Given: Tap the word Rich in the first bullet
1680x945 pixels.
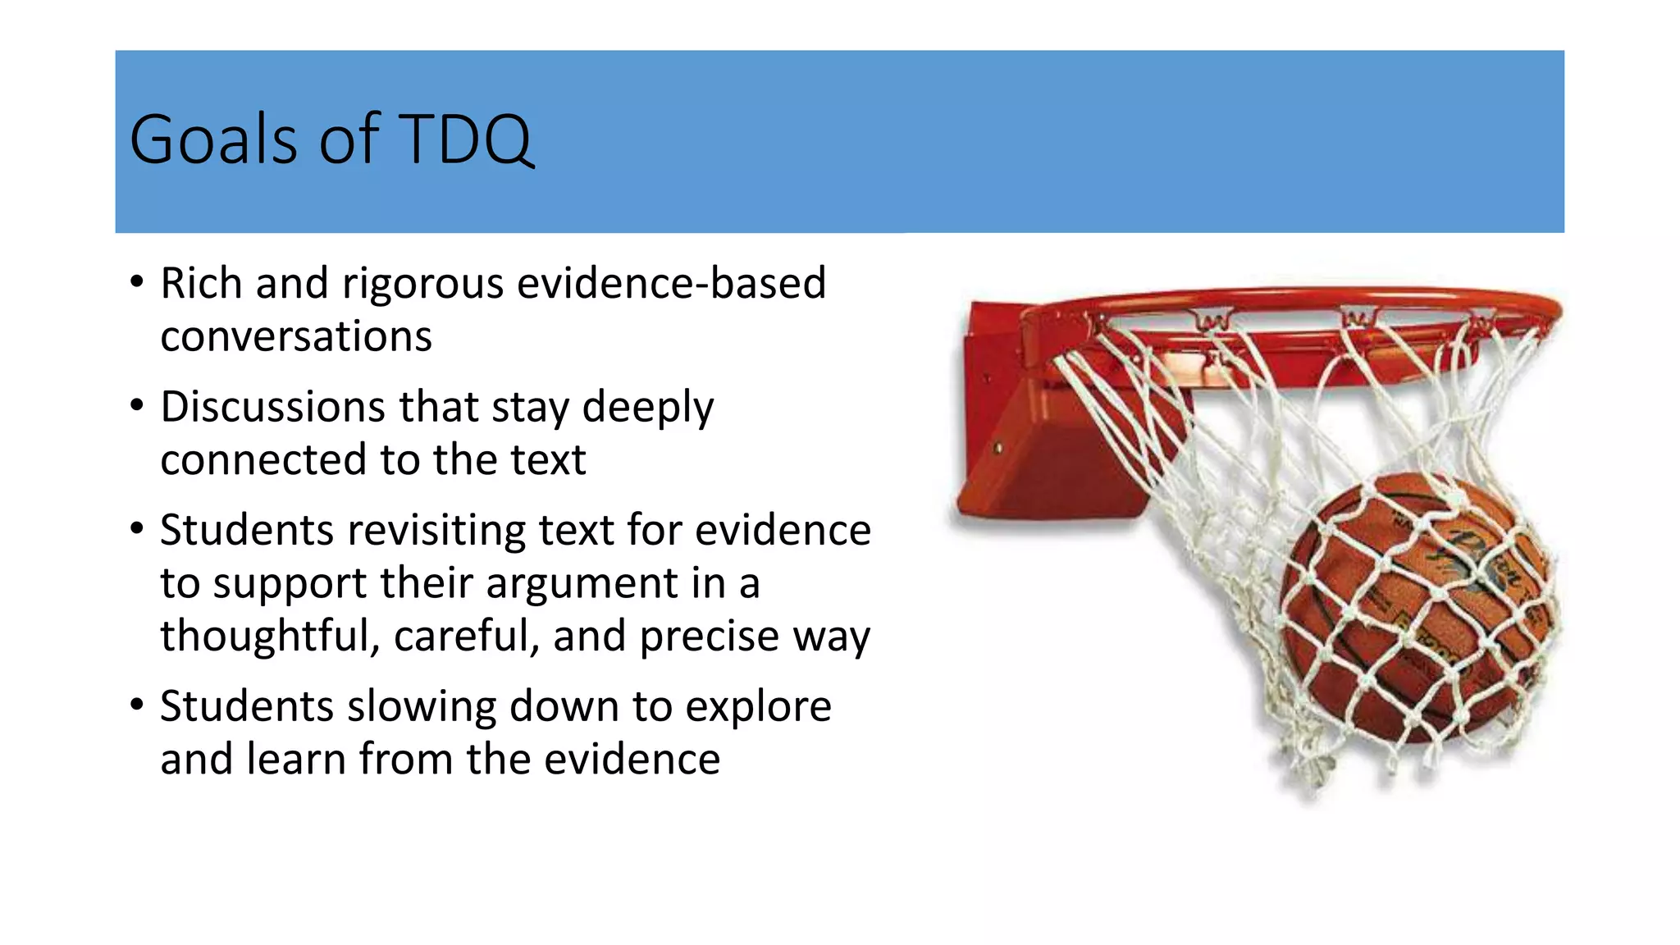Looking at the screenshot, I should tap(201, 284).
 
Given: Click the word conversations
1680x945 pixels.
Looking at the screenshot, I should tap(296, 337).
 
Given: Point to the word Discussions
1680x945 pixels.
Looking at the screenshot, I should tap(272, 407).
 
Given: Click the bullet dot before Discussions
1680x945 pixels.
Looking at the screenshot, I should tap(137, 405).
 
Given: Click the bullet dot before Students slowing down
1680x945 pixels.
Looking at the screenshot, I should tap(137, 705).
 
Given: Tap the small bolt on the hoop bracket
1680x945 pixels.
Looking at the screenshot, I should tap(997, 449).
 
